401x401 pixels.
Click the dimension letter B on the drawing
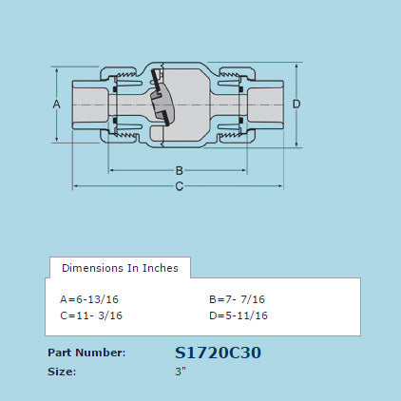point(179,170)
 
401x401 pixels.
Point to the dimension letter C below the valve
point(179,185)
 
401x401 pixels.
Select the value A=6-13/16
point(89,299)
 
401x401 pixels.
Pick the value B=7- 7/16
point(238,299)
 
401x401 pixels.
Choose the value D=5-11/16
point(238,315)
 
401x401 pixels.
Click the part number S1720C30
point(219,353)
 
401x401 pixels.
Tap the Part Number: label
point(86,353)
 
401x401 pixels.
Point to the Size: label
point(62,371)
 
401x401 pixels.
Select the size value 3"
point(181,371)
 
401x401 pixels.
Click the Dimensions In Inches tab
point(120,268)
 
